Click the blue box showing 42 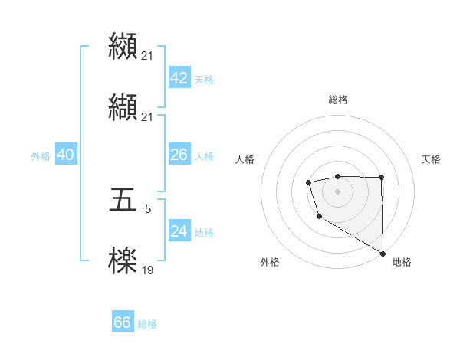pyautogui.click(x=179, y=79)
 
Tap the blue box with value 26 pyautogui.click(x=179, y=155)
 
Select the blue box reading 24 pyautogui.click(x=179, y=231)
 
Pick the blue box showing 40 pyautogui.click(x=65, y=155)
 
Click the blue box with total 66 pyautogui.click(x=123, y=322)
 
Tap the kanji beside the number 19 pyautogui.click(x=123, y=260)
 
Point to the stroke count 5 pyautogui.click(x=148, y=208)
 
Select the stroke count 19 pyautogui.click(x=147, y=270)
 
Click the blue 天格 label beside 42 pyautogui.click(x=204, y=80)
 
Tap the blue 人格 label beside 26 pyautogui.click(x=204, y=156)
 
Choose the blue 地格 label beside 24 pyautogui.click(x=204, y=233)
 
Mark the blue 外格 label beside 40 pyautogui.click(x=41, y=156)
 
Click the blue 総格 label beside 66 pyautogui.click(x=147, y=324)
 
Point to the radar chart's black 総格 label pyautogui.click(x=338, y=100)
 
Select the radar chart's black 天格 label pyautogui.click(x=431, y=159)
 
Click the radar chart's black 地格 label pyautogui.click(x=402, y=263)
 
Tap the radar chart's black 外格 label pyautogui.click(x=269, y=263)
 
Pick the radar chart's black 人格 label pyautogui.click(x=245, y=159)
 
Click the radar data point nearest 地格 pyautogui.click(x=383, y=254)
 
